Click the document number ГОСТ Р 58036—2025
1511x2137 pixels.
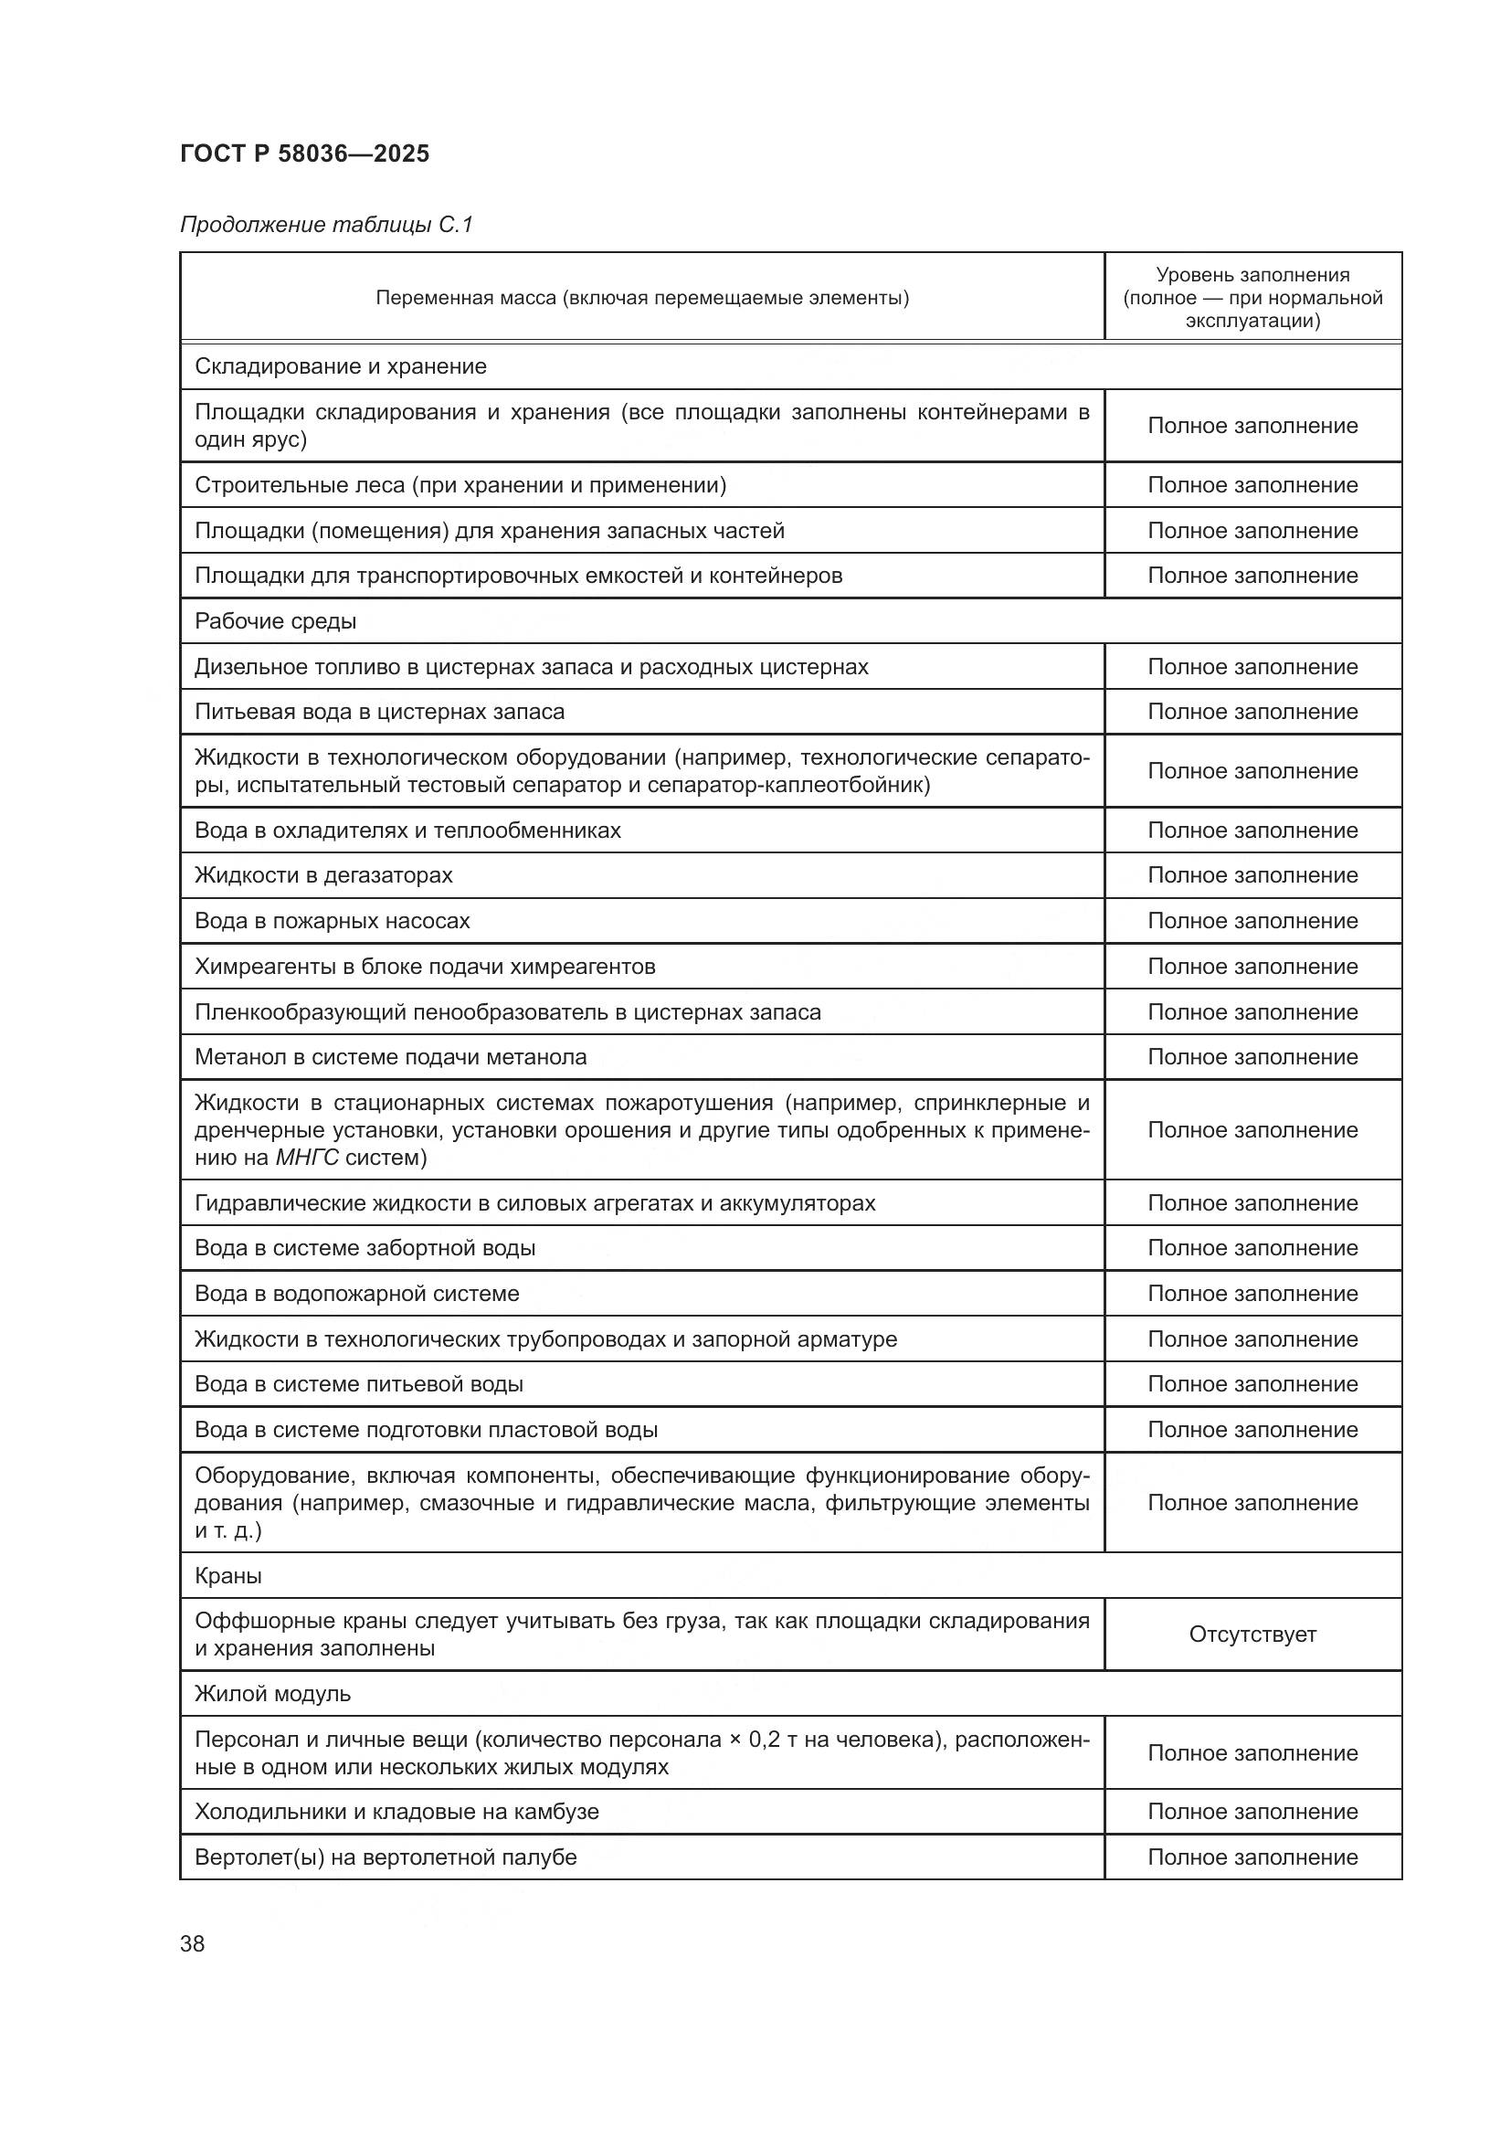pyautogui.click(x=304, y=153)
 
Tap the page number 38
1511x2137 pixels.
pyautogui.click(x=193, y=1943)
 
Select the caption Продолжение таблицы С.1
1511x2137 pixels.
pyautogui.click(x=326, y=225)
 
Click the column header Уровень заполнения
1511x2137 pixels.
pyautogui.click(x=1252, y=275)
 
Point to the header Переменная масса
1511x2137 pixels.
pyautogui.click(x=642, y=298)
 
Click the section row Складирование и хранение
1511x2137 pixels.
pyautogui.click(x=341, y=366)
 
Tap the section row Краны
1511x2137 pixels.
pyautogui.click(x=229, y=1576)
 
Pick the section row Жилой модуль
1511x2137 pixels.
pyautogui.click(x=272, y=1693)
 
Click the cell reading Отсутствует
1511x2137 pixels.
pyautogui.click(x=1252, y=1634)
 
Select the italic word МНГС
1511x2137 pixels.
pyautogui.click(x=307, y=1158)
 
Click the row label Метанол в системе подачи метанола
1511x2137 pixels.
pyautogui.click(x=391, y=1057)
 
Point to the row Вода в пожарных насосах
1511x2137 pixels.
pyautogui.click(x=333, y=921)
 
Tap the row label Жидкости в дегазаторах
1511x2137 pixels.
pyautogui.click(x=323, y=875)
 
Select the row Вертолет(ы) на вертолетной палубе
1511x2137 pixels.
pyautogui.click(x=386, y=1857)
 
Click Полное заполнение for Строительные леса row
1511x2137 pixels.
pyautogui.click(x=1252, y=485)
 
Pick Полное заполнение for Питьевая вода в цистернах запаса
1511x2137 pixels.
pyautogui.click(x=1252, y=712)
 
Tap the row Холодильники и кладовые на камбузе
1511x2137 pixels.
pyautogui.click(x=396, y=1811)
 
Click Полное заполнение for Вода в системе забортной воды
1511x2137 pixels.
pyautogui.click(x=1252, y=1248)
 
